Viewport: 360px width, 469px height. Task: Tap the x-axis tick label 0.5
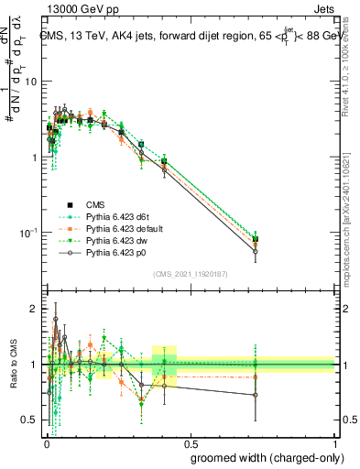click(190, 442)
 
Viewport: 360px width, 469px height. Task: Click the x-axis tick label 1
click(334, 442)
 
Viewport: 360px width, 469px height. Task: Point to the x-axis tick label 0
click(46, 442)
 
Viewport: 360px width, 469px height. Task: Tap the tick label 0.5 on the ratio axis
click(32, 420)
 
